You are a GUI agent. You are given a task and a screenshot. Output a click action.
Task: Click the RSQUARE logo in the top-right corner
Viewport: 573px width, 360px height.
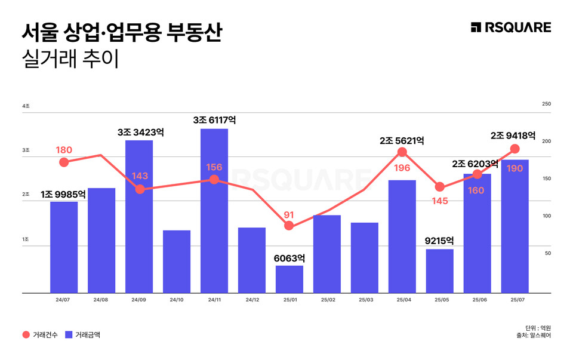click(x=510, y=27)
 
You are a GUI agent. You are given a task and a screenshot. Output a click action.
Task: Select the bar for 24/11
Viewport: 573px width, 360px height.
click(x=214, y=211)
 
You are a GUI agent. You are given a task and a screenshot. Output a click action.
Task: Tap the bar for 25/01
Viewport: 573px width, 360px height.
click(x=289, y=279)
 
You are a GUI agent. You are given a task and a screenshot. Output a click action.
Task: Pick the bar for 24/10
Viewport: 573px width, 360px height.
click(x=177, y=261)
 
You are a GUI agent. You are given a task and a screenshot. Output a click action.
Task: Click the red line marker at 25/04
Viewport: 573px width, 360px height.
click(x=402, y=152)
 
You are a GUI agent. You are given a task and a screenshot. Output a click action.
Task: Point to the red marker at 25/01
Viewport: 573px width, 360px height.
click(x=289, y=226)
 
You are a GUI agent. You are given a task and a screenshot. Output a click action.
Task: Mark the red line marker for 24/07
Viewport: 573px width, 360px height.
click(x=64, y=162)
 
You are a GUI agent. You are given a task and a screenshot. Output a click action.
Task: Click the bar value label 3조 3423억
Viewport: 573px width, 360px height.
click(x=139, y=132)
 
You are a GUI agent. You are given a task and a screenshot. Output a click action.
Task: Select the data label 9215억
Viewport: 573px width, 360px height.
click(x=439, y=241)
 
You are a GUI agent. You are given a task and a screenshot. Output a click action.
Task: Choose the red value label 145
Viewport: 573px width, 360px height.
click(x=440, y=201)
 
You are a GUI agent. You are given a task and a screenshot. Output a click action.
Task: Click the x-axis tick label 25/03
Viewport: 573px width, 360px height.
click(x=365, y=300)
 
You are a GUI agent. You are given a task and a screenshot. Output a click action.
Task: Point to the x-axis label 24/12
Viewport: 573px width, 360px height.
click(x=252, y=300)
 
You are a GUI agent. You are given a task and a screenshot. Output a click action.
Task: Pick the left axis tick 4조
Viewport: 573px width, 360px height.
click(x=26, y=106)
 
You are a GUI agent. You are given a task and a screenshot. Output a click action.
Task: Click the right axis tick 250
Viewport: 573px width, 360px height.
click(x=546, y=104)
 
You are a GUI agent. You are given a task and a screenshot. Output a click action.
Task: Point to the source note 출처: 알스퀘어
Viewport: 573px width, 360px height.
click(x=534, y=336)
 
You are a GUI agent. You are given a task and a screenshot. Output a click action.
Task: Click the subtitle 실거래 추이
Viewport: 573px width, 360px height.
click(x=70, y=60)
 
